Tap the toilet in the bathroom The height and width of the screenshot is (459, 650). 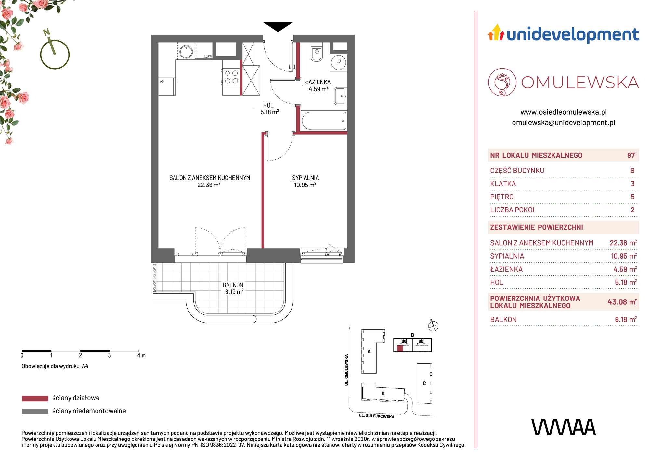(317, 52)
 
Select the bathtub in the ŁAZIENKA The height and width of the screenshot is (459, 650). (324, 121)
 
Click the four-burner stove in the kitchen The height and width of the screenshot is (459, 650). (231, 77)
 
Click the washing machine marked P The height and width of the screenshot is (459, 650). (339, 62)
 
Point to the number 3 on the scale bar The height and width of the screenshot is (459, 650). (110, 356)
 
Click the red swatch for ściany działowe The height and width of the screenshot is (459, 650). (35, 398)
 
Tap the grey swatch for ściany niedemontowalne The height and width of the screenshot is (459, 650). (35, 411)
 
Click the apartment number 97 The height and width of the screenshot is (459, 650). (631, 156)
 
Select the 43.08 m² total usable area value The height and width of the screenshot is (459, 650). (622, 302)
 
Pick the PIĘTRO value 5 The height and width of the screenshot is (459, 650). (632, 197)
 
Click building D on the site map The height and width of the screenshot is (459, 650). (383, 394)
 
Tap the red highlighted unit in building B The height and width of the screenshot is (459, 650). (400, 349)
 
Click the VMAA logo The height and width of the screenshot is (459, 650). (564, 427)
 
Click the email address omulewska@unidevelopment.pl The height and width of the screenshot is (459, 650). (564, 123)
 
